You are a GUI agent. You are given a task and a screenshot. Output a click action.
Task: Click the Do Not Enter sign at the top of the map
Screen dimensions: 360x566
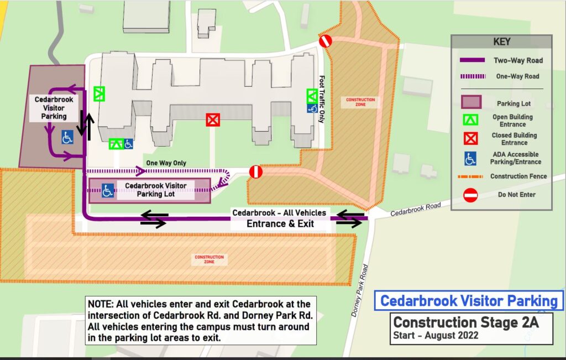click(x=325, y=41)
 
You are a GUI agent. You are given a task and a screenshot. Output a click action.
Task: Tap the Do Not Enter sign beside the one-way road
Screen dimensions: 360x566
click(x=255, y=172)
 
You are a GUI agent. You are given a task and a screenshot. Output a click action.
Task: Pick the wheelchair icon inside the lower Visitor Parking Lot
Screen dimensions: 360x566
click(x=108, y=191)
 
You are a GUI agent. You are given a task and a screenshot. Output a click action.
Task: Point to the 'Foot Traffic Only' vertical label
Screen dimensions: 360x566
click(x=322, y=99)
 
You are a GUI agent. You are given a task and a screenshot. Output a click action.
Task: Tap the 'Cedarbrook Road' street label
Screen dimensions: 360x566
click(x=416, y=209)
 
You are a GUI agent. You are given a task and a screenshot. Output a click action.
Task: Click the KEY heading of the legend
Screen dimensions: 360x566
click(x=501, y=41)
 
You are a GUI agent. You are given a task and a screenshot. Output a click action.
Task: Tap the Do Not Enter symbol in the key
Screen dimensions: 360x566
click(x=470, y=195)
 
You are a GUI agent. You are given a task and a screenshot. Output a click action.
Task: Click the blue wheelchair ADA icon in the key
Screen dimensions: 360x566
click(x=470, y=158)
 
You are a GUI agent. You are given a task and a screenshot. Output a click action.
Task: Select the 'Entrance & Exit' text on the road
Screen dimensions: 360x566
click(x=280, y=223)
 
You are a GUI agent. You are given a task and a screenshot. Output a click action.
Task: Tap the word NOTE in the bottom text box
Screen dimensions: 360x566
click(x=99, y=304)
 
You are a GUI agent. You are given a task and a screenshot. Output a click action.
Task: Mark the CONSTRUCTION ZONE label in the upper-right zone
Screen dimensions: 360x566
click(x=360, y=102)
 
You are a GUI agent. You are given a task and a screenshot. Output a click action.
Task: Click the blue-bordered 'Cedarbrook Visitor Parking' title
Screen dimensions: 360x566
click(x=469, y=301)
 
